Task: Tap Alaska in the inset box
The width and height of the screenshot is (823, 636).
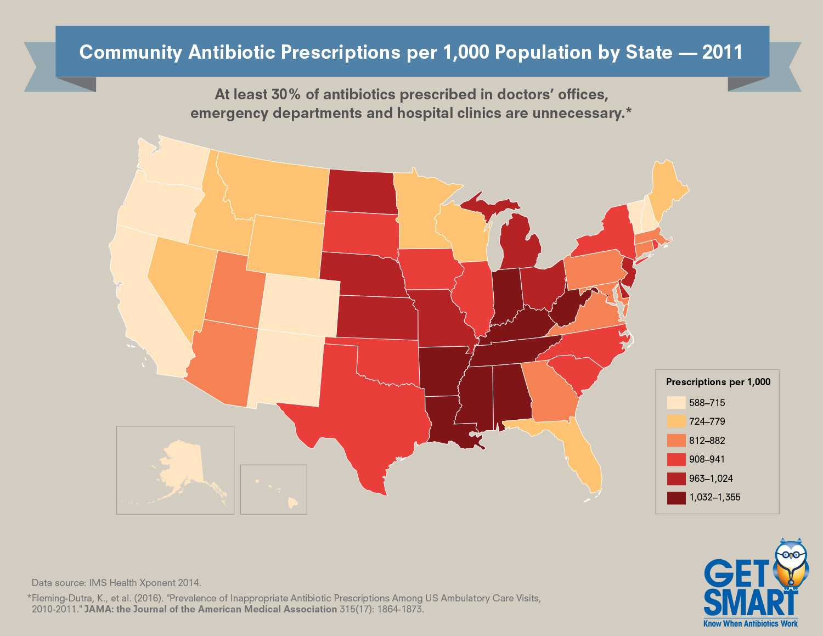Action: [181, 466]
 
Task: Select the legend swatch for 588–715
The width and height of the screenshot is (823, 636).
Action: [676, 403]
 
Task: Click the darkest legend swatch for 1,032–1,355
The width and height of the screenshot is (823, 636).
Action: [676, 498]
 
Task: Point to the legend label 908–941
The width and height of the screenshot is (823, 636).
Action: [707, 459]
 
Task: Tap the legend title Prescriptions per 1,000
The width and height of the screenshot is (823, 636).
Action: [718, 382]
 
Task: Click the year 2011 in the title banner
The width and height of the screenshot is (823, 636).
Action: [722, 52]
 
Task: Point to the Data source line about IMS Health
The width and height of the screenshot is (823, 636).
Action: [116, 583]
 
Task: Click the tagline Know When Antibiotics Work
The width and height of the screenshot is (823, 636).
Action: [750, 623]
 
